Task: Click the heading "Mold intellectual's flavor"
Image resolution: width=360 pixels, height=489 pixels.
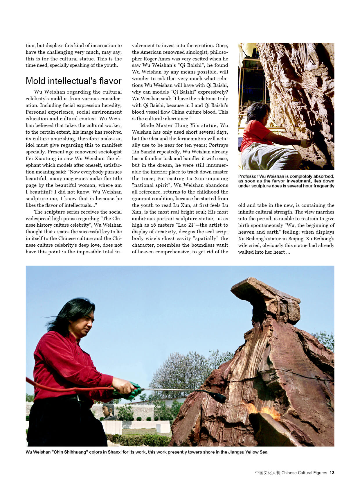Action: pos(73,81)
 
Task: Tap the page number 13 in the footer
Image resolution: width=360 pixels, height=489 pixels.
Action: pos(332,473)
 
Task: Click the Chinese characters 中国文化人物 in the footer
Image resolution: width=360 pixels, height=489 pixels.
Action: pos(267,473)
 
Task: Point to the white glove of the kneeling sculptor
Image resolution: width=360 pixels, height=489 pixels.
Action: pos(305,143)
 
